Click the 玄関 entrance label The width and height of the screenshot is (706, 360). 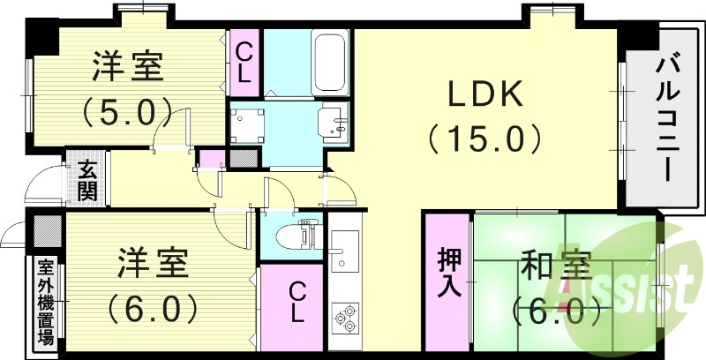[x=86, y=180]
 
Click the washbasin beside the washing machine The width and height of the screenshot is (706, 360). [x=334, y=121]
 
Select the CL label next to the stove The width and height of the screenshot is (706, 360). [x=297, y=302]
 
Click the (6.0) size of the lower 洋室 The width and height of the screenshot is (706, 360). [x=152, y=309]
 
